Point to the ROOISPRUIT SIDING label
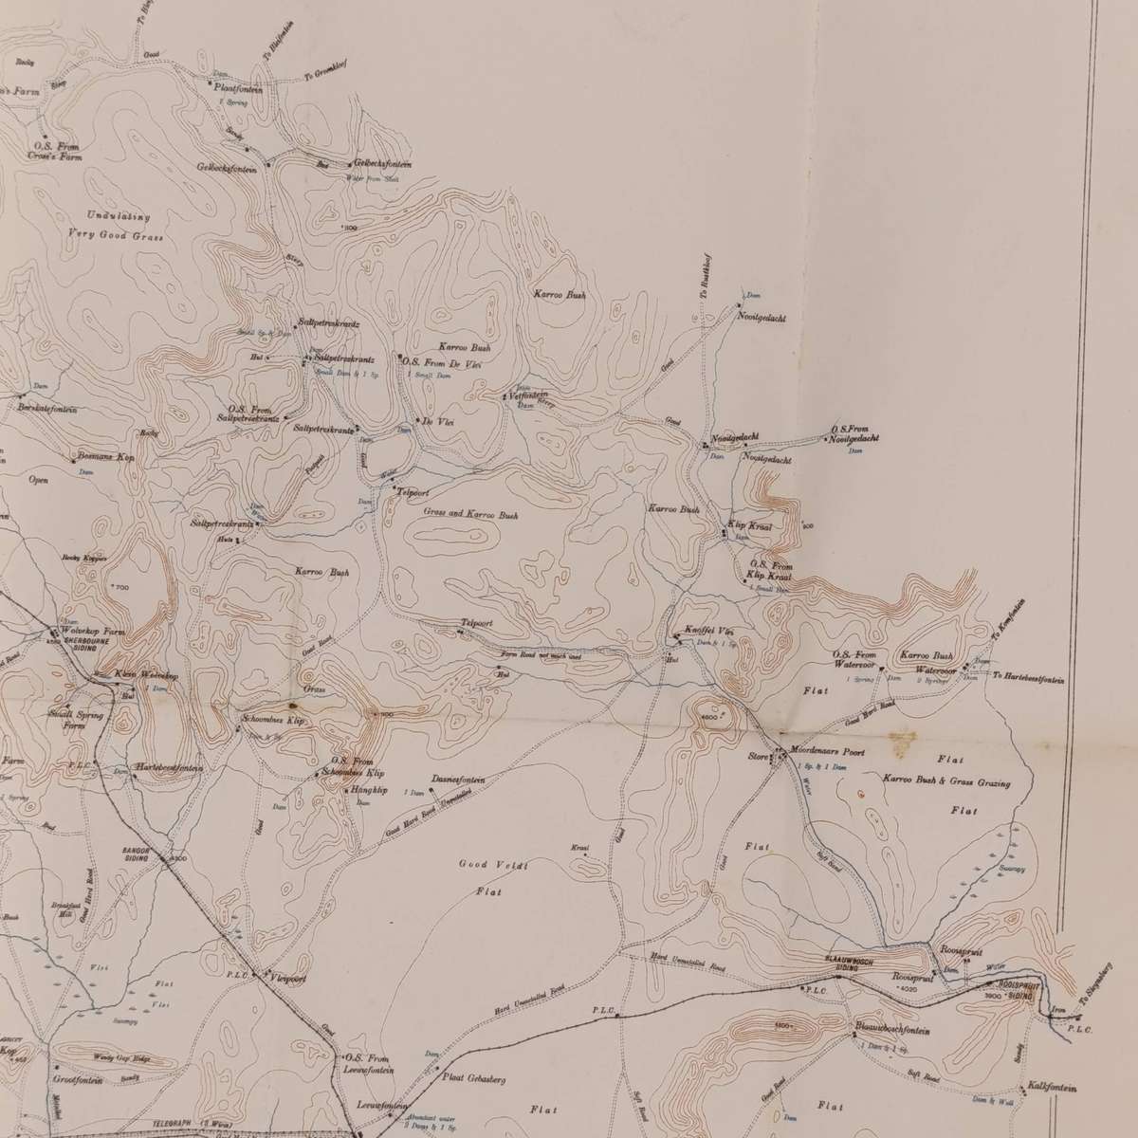tap(1016, 985)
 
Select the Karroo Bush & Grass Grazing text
tap(945, 783)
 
